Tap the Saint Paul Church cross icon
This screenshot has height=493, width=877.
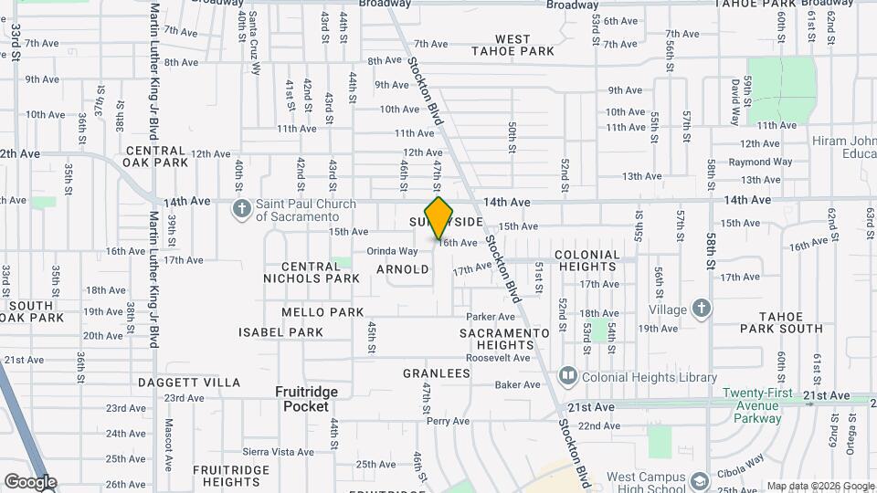[242, 210]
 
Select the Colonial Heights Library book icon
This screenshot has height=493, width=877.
[567, 376]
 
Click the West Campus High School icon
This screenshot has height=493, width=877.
[699, 479]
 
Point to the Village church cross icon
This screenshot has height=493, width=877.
[701, 309]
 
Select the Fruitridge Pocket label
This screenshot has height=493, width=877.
[306, 399]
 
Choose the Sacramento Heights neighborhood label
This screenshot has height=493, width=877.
[504, 339]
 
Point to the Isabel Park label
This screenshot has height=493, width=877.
[281, 332]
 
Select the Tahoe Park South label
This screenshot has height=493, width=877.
[781, 321]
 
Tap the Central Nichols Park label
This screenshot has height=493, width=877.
[312, 271]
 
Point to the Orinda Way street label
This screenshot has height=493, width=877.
[392, 251]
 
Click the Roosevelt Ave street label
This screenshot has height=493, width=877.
[497, 358]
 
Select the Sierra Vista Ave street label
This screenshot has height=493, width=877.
[279, 451]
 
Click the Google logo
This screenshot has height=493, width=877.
[29, 482]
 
